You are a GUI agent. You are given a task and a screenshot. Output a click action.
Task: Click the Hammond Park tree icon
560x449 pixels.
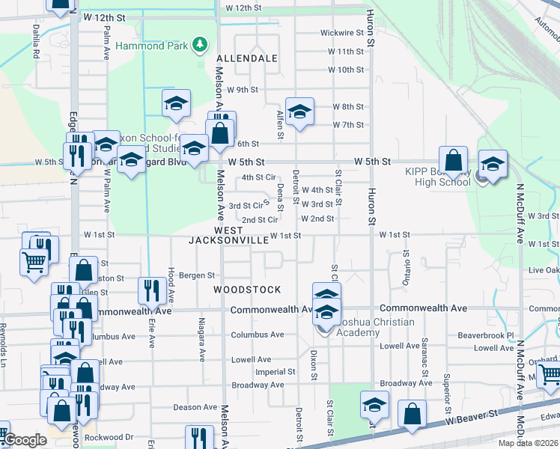[199, 45]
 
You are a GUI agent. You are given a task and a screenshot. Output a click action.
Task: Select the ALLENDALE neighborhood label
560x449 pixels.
[247, 58]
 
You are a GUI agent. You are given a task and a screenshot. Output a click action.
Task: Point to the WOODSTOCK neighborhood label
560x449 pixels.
[247, 290]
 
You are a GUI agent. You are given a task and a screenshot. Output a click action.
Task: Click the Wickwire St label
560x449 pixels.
[342, 33]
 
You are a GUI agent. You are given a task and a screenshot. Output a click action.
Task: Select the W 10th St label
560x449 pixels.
[346, 70]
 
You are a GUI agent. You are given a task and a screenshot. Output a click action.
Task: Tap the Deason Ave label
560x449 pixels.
[195, 407]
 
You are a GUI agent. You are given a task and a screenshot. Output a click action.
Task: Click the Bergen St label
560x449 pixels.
[198, 275]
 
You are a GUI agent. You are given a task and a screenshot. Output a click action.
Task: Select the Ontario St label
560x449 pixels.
[407, 267]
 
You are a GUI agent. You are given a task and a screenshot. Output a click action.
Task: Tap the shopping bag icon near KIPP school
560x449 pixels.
[453, 160]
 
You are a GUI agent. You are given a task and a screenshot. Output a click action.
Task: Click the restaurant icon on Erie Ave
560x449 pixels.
[152, 291]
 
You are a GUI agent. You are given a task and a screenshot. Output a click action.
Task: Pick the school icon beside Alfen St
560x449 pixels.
[299, 113]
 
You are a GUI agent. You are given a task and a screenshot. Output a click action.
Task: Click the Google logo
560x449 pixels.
[25, 440]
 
